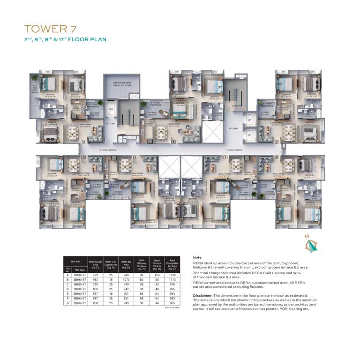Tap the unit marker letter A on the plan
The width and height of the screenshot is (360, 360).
pos(84,141)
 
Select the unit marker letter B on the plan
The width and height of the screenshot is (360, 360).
pos(173,141)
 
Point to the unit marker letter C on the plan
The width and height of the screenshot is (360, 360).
pos(277,141)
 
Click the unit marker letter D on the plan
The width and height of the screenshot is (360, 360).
pos(277,157)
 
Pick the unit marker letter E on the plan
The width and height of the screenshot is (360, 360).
pos(225,157)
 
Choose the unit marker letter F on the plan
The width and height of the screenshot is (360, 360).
pos(135,157)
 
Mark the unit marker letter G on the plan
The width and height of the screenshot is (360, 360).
pos(84,157)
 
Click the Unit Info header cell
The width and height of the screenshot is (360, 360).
pos(75,261)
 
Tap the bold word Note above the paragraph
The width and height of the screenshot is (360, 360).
pos(197,258)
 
